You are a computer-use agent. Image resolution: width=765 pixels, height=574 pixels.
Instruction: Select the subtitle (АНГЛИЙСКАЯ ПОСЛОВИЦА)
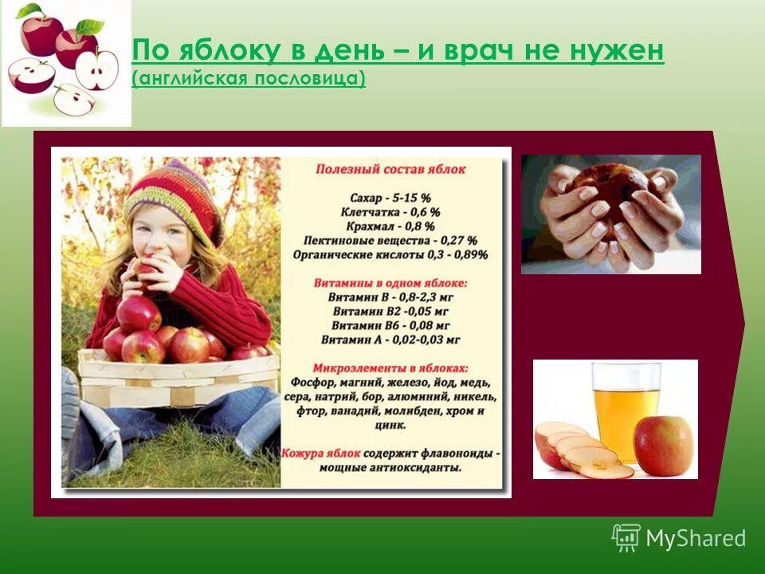pyautogui.click(x=249, y=79)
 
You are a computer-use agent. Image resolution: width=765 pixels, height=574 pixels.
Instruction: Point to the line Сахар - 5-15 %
pyautogui.click(x=390, y=197)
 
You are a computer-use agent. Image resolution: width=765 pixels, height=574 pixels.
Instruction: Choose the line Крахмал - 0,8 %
pyautogui.click(x=390, y=226)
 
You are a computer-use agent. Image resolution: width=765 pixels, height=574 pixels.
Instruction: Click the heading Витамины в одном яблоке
pyautogui.click(x=390, y=282)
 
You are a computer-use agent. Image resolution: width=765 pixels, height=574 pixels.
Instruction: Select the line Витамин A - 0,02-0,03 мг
pyautogui.click(x=390, y=340)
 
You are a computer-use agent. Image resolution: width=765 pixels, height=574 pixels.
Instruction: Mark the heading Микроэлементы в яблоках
pyautogui.click(x=390, y=368)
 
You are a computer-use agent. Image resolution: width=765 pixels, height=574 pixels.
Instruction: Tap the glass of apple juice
pyautogui.click(x=626, y=411)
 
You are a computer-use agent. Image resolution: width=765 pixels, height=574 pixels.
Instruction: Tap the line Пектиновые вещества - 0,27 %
pyautogui.click(x=390, y=240)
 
